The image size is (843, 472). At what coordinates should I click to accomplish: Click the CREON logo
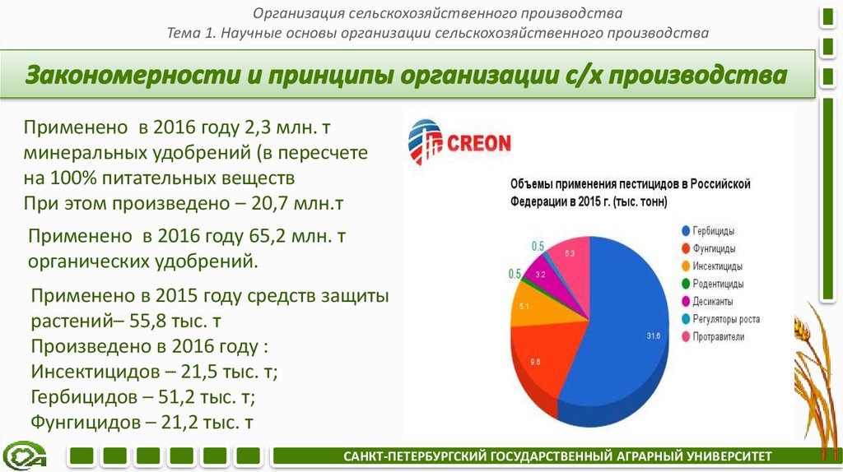pyautogui.click(x=459, y=142)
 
